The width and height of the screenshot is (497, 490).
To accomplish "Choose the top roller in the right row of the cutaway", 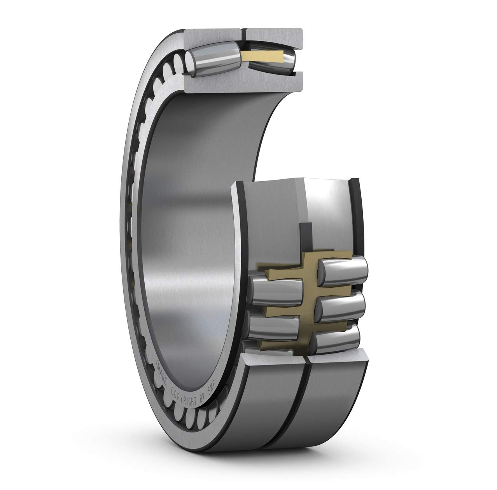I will (344, 269).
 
